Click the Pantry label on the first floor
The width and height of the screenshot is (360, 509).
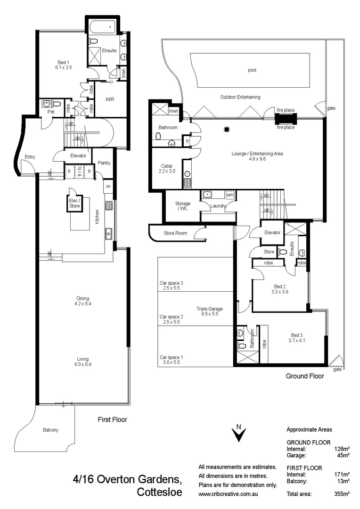click(x=104, y=163)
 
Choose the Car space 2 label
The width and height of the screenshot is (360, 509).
click(x=171, y=317)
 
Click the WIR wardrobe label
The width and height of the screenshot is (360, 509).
click(x=109, y=99)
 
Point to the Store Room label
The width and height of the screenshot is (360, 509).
click(x=175, y=233)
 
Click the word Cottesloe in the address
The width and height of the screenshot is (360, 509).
click(x=159, y=493)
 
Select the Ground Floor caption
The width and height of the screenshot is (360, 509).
click(x=305, y=377)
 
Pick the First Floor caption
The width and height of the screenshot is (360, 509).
click(x=112, y=419)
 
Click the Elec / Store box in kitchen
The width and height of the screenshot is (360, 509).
click(x=74, y=203)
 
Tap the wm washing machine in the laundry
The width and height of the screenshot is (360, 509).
click(x=229, y=195)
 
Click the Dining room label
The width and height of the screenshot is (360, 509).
click(x=82, y=301)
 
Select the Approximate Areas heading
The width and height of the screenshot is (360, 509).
click(x=309, y=429)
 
